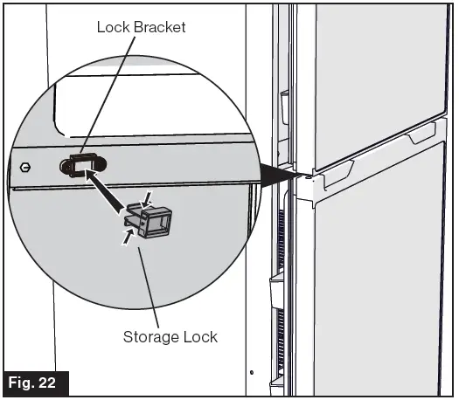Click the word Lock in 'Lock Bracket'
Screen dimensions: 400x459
(114, 28)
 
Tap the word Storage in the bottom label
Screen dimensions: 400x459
(150, 335)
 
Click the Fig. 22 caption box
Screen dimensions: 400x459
(34, 383)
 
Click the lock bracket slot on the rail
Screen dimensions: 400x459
(82, 163)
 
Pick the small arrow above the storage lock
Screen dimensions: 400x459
(147, 197)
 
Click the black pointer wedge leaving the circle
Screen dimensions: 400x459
(281, 175)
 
